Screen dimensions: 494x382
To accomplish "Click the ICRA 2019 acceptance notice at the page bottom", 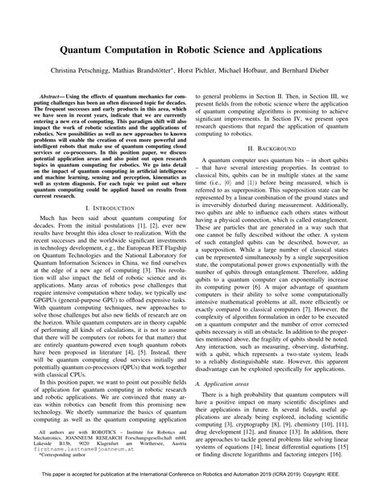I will (191, 484).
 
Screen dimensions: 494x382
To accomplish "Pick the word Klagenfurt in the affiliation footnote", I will (105, 446).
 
